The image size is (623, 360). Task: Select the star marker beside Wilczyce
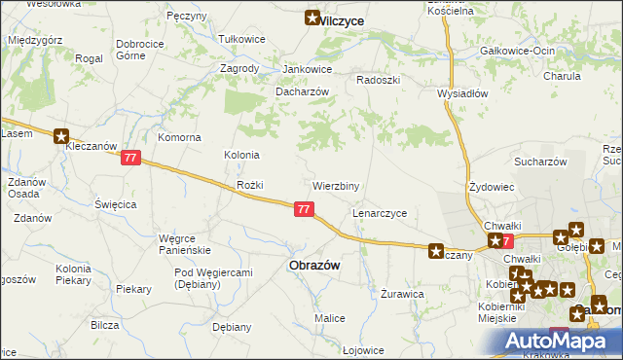tap(312, 17)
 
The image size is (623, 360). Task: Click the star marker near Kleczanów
tap(62, 137)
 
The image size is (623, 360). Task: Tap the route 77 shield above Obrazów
tap(305, 208)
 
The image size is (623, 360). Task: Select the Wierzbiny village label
tap(336, 185)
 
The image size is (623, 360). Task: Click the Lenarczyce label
tap(379, 212)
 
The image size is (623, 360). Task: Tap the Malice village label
tap(329, 318)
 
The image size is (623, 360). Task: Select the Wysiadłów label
tap(462, 94)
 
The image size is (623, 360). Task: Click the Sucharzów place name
tap(540, 162)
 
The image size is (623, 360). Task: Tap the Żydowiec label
tap(491, 185)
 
